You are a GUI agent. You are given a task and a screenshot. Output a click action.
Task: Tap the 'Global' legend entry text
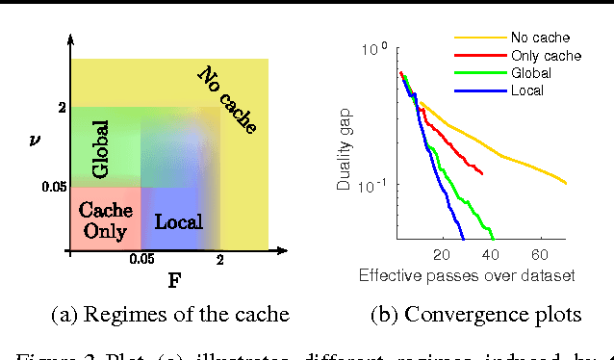[535, 74]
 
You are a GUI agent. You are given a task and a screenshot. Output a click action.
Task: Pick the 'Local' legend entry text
[530, 90]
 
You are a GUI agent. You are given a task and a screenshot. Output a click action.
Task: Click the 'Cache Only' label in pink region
[106, 219]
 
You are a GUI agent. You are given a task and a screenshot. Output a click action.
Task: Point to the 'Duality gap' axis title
[345, 145]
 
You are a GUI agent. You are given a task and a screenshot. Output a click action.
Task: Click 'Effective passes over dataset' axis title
[467, 276]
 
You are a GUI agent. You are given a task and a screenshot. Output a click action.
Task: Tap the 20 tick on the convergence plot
[442, 256]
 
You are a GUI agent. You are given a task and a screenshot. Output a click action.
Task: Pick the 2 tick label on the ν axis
[62, 109]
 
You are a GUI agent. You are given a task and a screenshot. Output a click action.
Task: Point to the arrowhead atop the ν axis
[70, 40]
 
